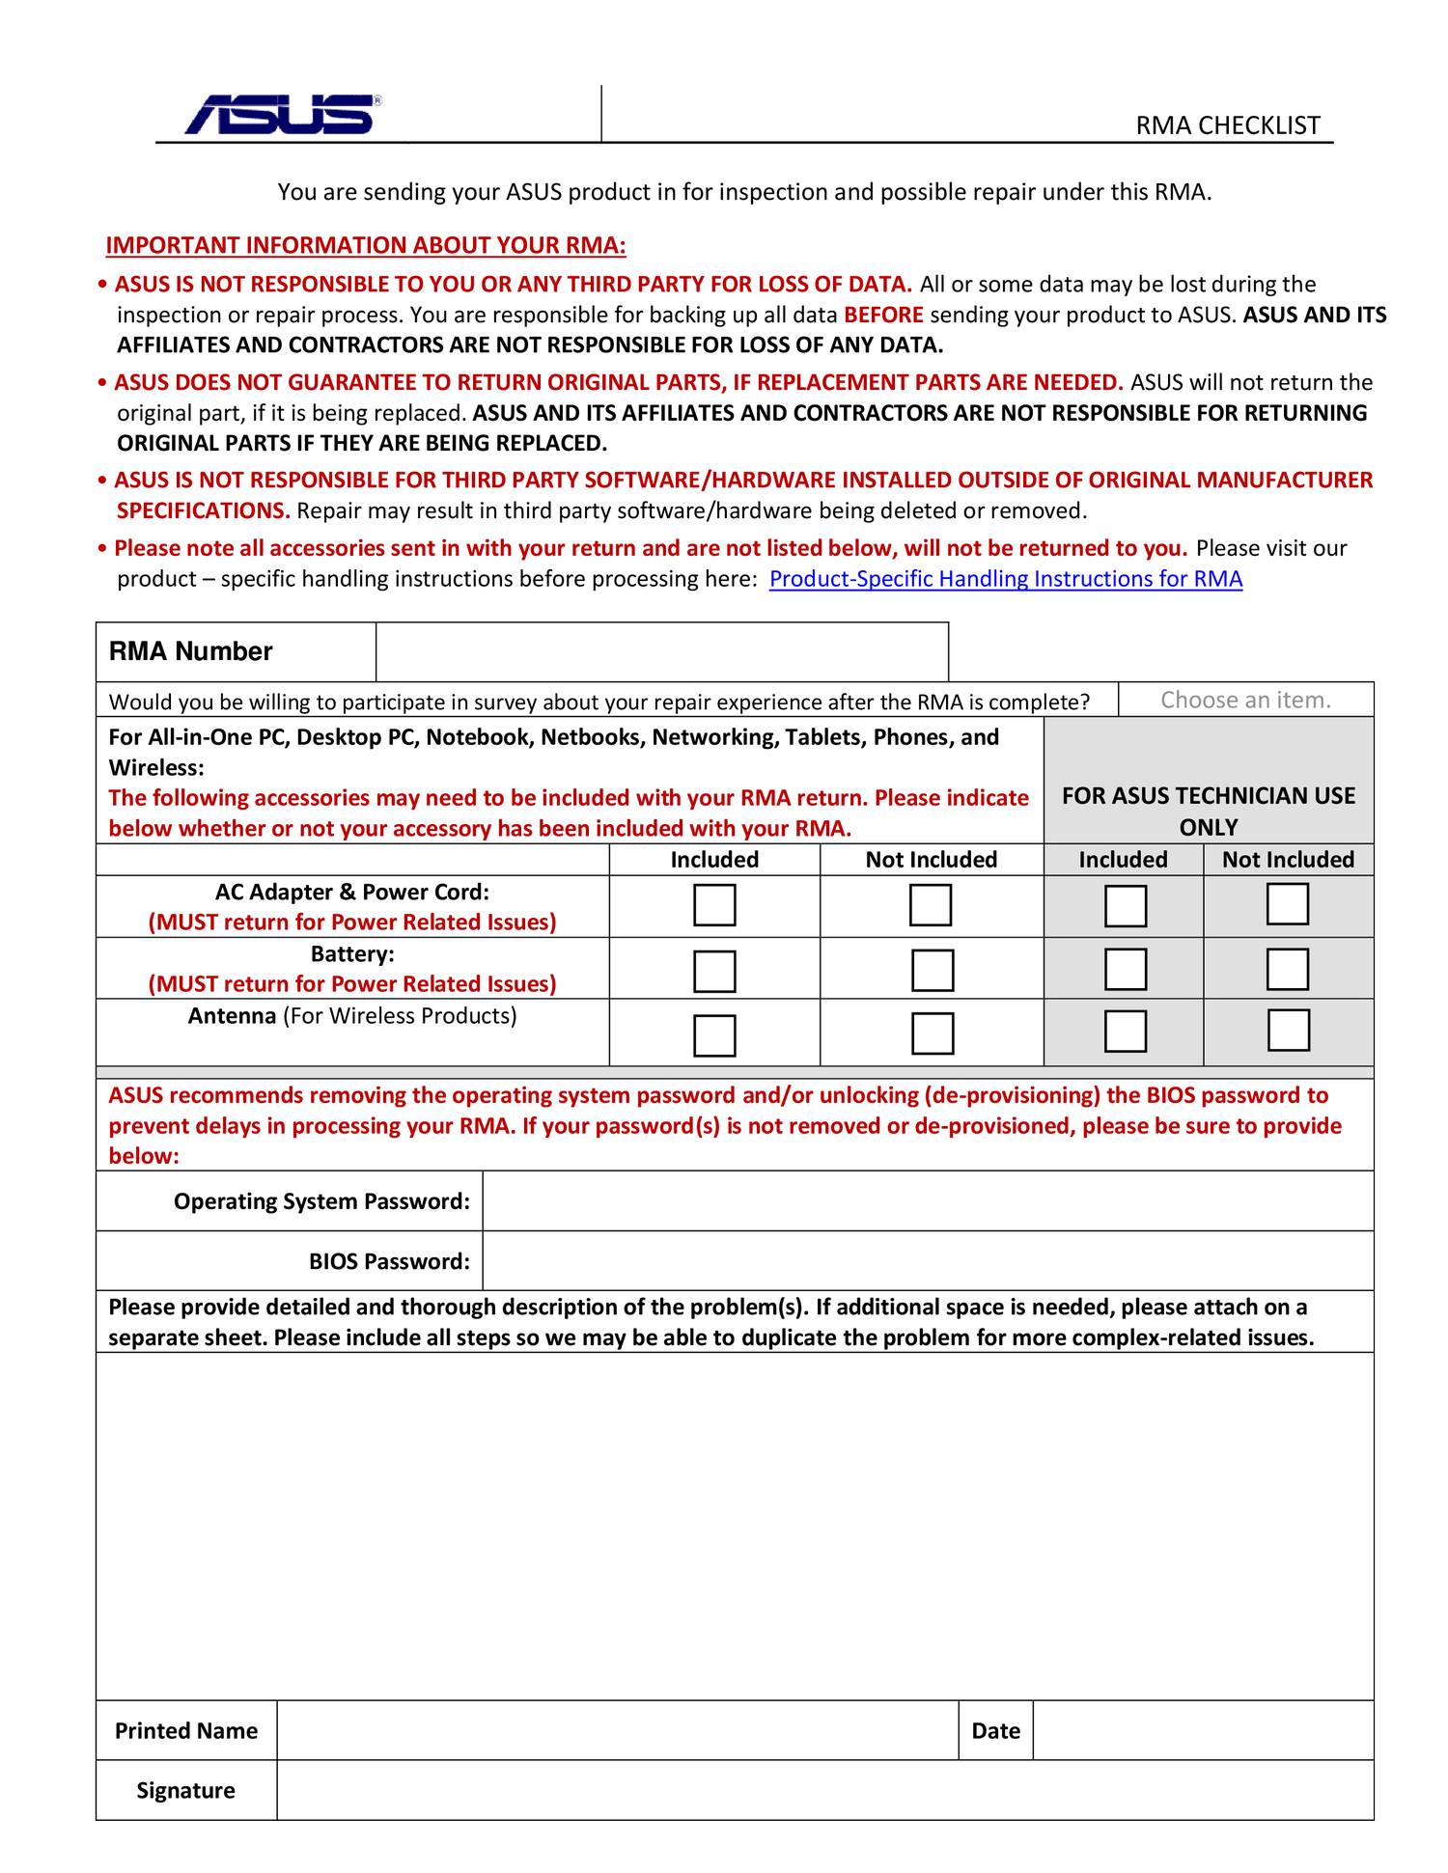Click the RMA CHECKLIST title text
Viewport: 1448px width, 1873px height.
click(x=1227, y=125)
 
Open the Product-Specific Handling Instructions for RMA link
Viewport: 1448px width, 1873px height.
click(x=1005, y=579)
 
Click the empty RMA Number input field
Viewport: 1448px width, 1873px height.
click(x=661, y=651)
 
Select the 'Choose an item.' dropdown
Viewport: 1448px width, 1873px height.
click(x=1245, y=700)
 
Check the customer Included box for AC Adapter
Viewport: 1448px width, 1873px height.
click(x=714, y=905)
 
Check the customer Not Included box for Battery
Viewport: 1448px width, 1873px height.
click(x=933, y=970)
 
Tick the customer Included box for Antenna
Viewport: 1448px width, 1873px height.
click(x=714, y=1034)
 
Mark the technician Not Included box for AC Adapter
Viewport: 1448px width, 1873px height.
click(x=1287, y=904)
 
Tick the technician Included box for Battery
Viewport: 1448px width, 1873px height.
click(x=1125, y=969)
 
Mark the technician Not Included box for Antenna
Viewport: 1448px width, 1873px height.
click(x=1288, y=1030)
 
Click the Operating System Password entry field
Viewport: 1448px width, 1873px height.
click(x=927, y=1201)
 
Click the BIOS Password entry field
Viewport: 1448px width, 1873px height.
click(x=927, y=1261)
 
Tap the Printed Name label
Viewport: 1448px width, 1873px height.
click(x=186, y=1730)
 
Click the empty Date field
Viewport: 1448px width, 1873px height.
click(x=1202, y=1730)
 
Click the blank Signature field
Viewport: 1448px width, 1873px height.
click(x=824, y=1790)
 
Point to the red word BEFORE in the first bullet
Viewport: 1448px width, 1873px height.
click(x=883, y=316)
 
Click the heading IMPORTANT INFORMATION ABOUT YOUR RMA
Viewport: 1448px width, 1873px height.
click(x=366, y=246)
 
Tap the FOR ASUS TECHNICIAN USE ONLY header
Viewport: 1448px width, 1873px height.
click(x=1208, y=811)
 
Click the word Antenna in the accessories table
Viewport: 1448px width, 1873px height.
click(x=232, y=1016)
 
